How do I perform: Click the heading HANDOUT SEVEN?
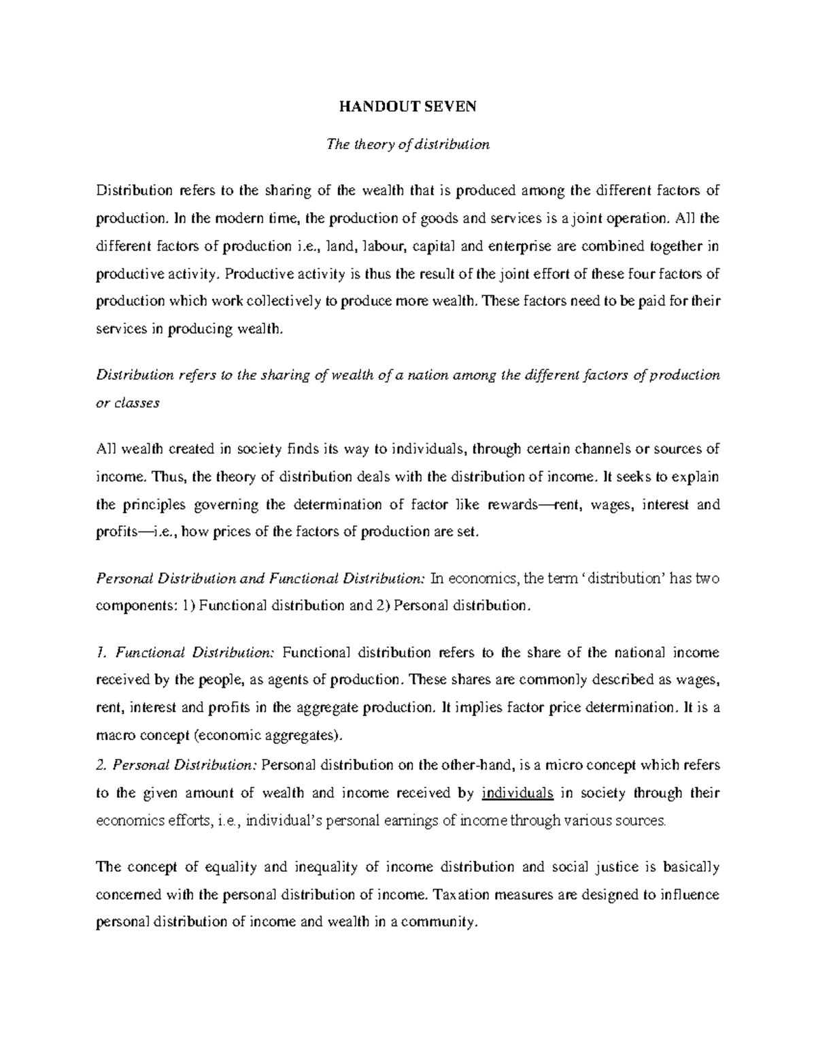tap(408, 107)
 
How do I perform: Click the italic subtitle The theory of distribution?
tap(408, 144)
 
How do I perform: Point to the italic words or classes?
tap(128, 402)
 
